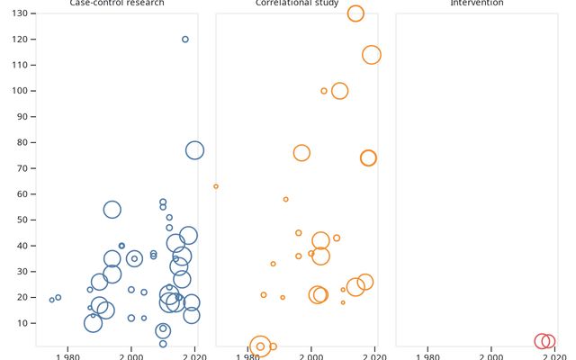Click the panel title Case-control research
coord(117,4)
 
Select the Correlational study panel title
coord(297,4)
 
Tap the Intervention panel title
coord(477,4)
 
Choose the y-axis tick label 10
coord(26,323)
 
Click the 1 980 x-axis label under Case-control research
coord(67,355)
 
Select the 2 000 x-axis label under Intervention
coord(491,355)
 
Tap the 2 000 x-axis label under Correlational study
coord(311,355)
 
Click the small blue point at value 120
coord(185,40)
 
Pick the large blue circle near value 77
coord(194,150)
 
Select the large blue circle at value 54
coord(112,210)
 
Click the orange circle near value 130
coord(355,13)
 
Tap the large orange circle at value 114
coord(372,55)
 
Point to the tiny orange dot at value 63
coord(216,186)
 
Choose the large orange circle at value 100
coord(339,91)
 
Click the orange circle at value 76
coord(301,153)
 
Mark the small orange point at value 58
coord(285,199)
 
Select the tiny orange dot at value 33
coord(273,264)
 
